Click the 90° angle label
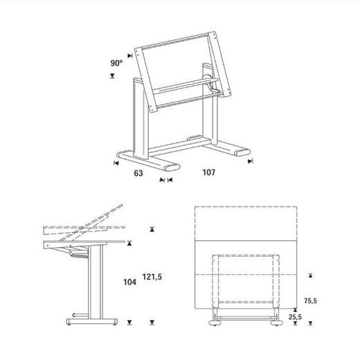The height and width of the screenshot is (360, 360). [116, 63]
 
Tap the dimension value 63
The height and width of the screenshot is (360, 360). [138, 173]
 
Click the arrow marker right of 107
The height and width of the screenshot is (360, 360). [251, 162]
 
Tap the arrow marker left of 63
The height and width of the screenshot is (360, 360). [114, 163]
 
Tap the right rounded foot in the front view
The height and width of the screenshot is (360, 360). [276, 323]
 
